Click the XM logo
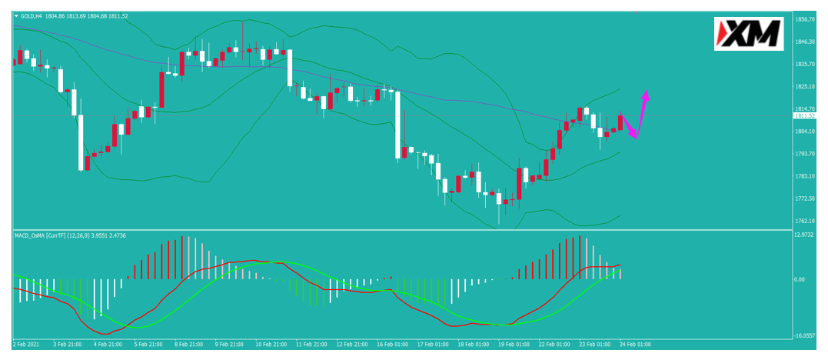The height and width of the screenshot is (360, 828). pos(749,34)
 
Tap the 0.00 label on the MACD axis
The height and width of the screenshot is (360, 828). pos(800,279)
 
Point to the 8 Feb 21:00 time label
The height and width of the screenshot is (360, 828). pos(190,344)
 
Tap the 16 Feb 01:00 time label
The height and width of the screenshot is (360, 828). pos(393,344)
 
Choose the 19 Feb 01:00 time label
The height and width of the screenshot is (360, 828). pos(514,344)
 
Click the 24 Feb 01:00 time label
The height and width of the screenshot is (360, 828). pos(635,344)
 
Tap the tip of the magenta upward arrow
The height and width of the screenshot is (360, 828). pos(646,92)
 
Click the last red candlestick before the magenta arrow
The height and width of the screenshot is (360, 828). pos(620,122)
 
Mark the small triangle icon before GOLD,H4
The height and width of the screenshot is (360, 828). pos(16,16)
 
